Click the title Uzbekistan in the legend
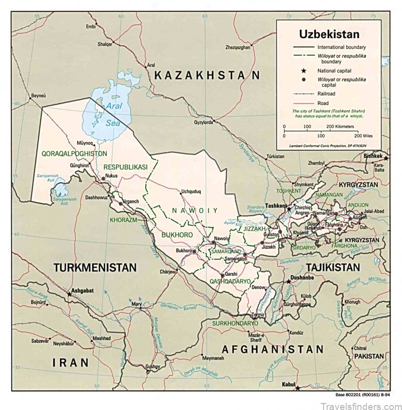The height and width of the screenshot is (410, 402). tap(329, 34)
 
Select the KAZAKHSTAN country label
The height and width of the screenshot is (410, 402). tap(207, 76)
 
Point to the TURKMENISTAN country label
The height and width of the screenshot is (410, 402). tap(95, 267)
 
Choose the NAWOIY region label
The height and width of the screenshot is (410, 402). tap(195, 211)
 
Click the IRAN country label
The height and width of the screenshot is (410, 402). tap(71, 362)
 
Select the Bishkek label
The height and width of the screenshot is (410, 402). tap(373, 157)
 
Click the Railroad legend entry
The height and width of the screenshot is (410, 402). tap(326, 93)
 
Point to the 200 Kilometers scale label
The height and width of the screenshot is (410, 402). tap(341, 126)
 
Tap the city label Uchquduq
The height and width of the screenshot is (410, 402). tap(191, 191)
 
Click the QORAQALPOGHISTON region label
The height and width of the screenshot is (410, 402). tap(75, 153)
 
